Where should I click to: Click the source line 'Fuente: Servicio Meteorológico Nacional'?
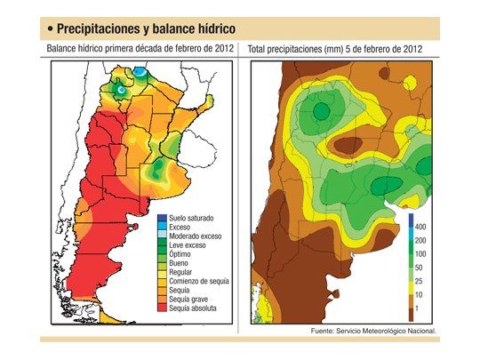click(x=372, y=331)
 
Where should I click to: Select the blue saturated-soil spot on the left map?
click(x=140, y=70)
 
